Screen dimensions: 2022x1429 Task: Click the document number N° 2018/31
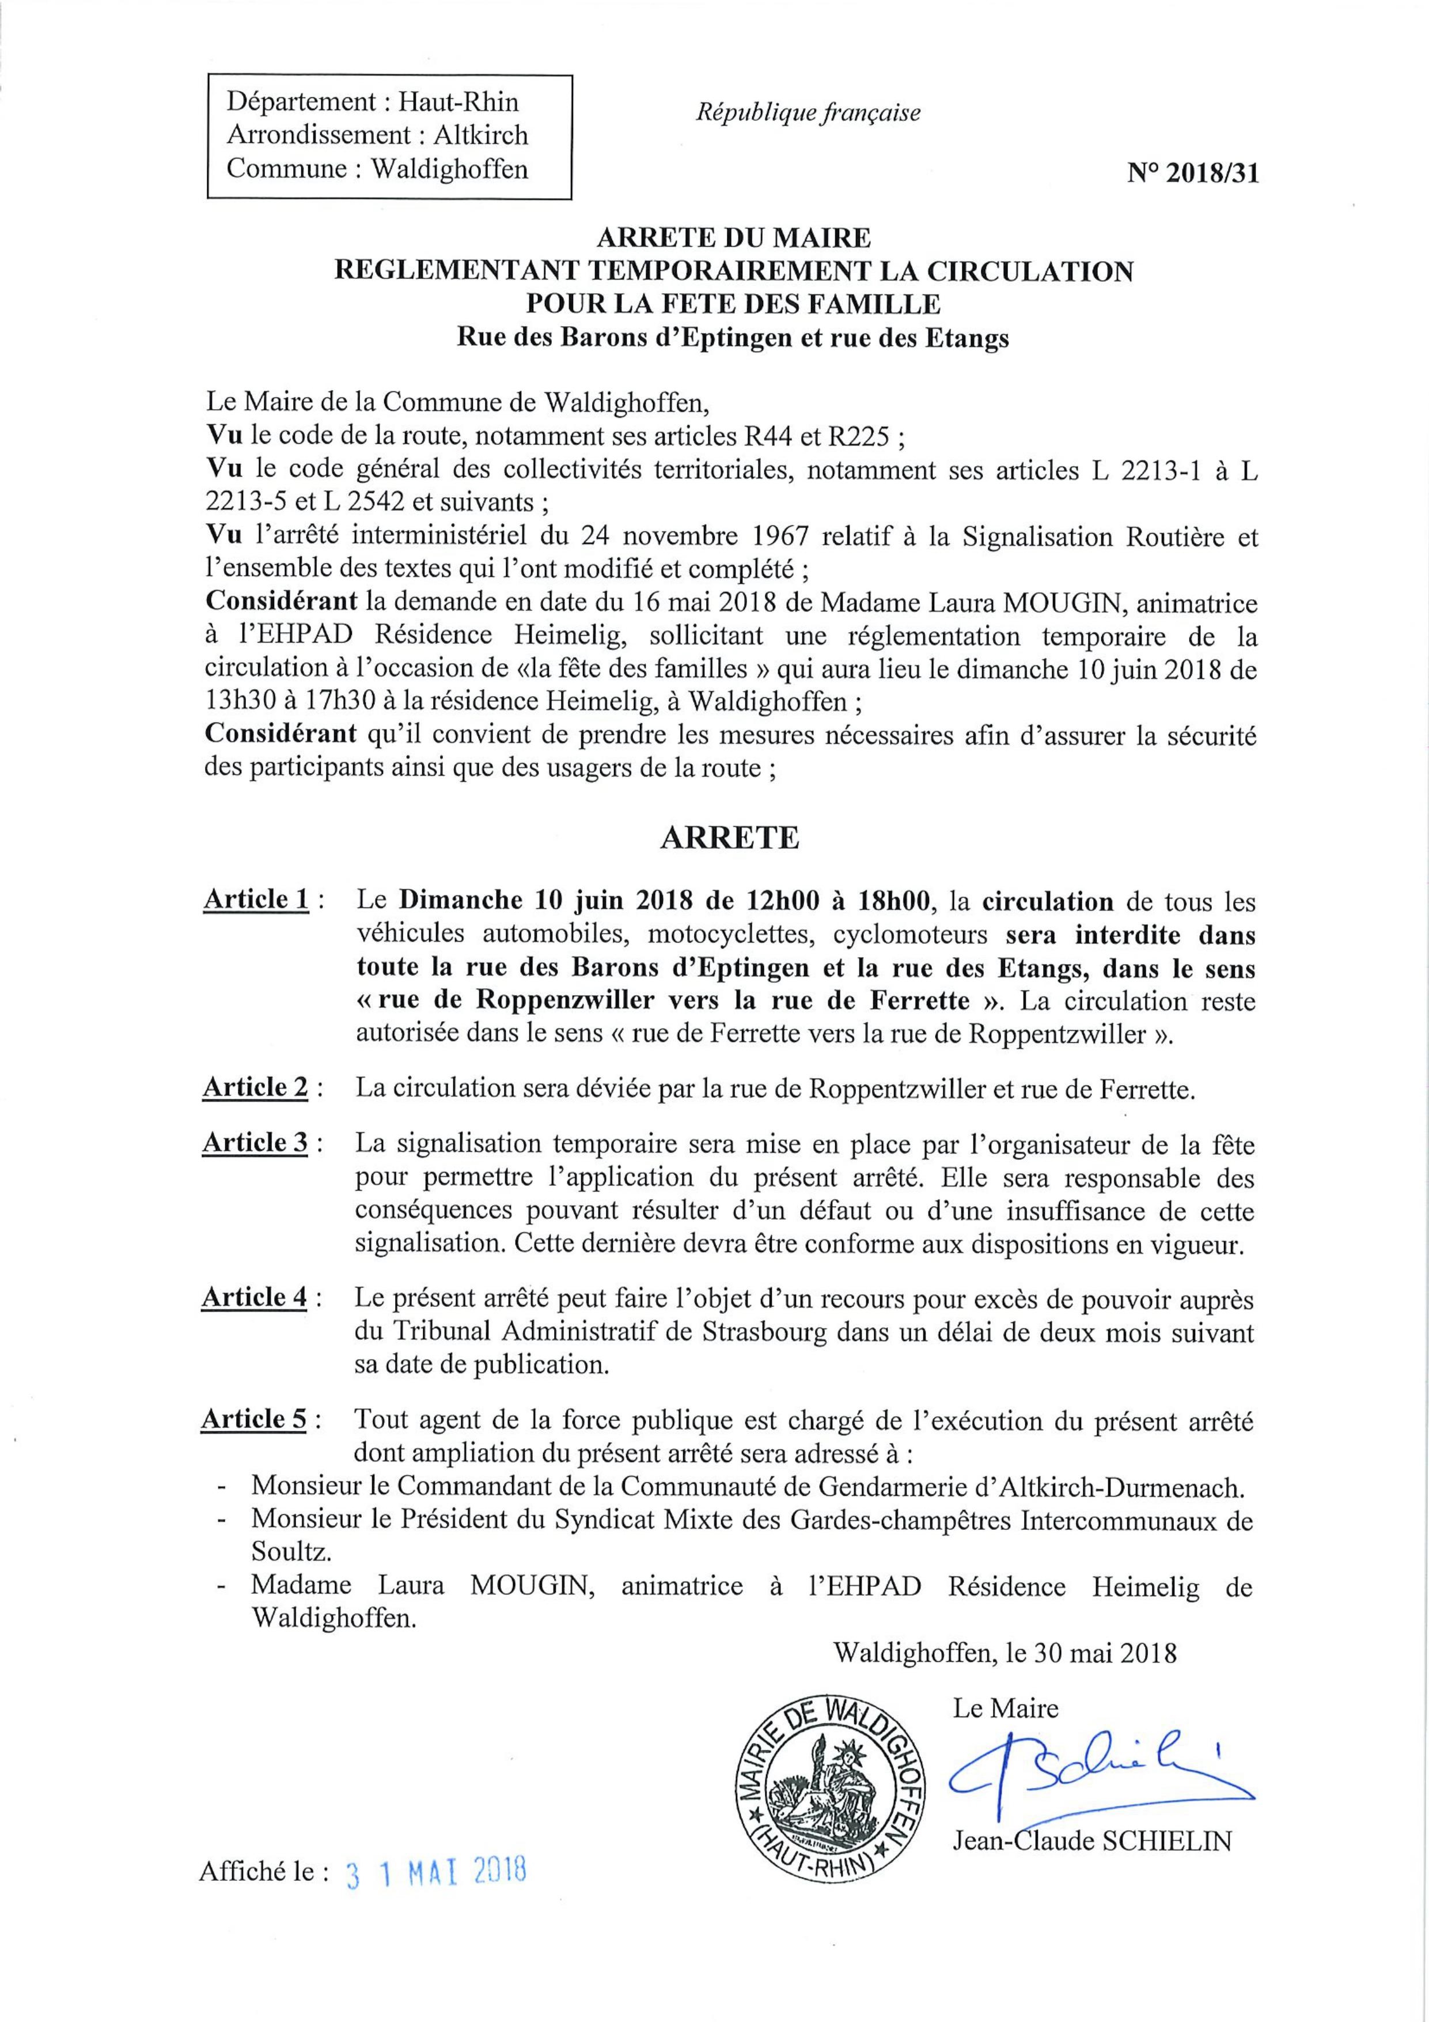(1192, 175)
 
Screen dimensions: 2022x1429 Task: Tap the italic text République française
(808, 114)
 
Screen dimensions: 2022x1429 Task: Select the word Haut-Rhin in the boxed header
(458, 102)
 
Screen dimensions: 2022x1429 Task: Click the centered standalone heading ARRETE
(730, 837)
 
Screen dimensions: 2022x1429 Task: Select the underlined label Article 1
(256, 901)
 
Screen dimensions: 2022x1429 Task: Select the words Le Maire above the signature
(1006, 1685)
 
